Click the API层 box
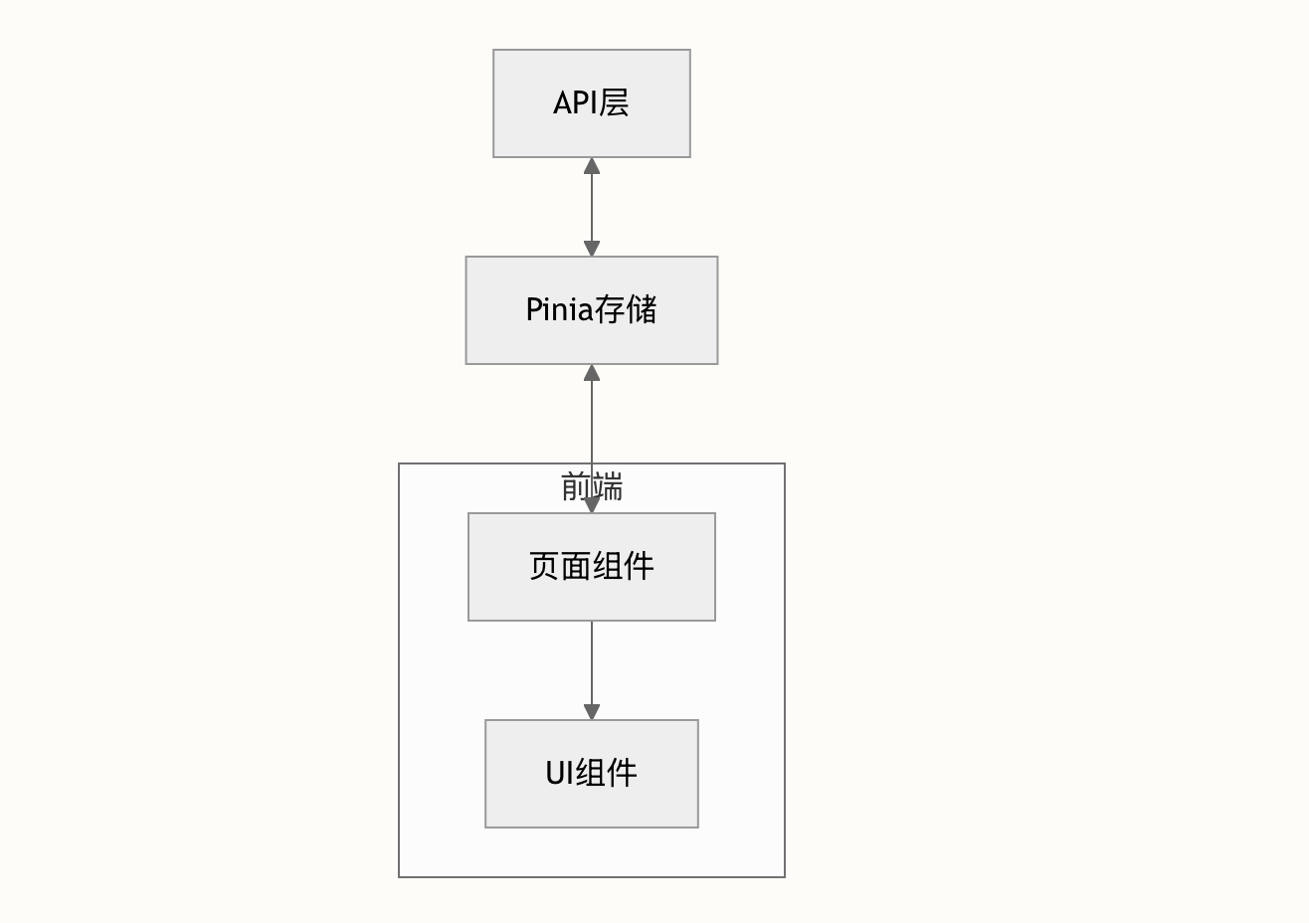click(592, 103)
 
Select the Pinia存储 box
click(592, 310)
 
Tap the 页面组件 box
click(592, 567)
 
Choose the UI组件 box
click(592, 774)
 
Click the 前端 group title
click(592, 486)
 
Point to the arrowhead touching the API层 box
click(592, 166)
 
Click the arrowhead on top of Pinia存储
click(592, 248)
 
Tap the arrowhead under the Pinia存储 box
click(592, 373)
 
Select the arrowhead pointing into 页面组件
click(592, 504)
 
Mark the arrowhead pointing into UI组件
click(592, 711)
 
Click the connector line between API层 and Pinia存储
click(592, 207)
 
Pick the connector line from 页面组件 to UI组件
click(592, 670)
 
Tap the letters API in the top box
click(575, 102)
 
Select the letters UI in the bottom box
click(560, 773)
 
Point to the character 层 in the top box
click(614, 102)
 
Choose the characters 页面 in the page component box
click(560, 566)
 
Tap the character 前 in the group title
click(576, 486)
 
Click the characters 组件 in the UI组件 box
click(606, 773)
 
